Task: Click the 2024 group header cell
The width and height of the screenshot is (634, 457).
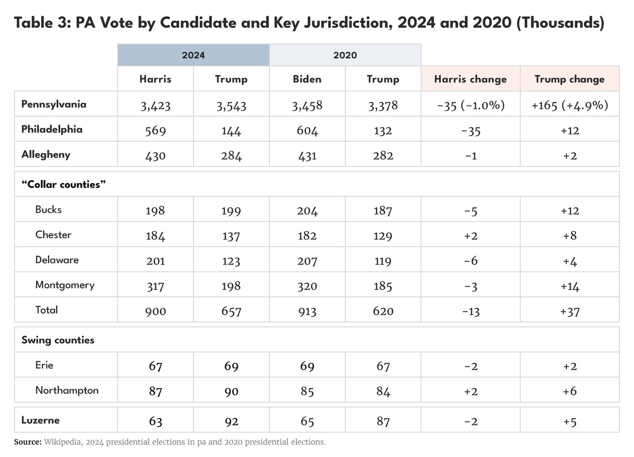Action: tap(193, 55)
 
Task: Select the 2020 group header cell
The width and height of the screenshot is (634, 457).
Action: tap(345, 55)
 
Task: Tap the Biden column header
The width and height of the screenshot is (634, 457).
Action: tap(307, 79)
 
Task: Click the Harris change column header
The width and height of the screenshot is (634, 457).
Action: tap(470, 79)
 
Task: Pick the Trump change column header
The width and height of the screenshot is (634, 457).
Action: tap(569, 79)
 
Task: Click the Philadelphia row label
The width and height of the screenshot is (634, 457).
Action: tap(52, 129)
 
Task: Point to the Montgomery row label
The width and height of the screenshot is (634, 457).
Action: tap(65, 285)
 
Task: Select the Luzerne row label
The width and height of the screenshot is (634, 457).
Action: tap(40, 420)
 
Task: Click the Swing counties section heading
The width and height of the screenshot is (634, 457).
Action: tap(58, 340)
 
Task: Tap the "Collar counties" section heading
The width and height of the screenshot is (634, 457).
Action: tap(63, 184)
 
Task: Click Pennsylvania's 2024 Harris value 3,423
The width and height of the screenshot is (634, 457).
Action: tap(156, 106)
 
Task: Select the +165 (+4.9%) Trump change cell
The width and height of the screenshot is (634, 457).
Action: tap(569, 105)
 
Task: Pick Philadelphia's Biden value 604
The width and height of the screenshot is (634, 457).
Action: tap(307, 131)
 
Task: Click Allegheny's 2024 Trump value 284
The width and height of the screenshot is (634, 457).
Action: tap(231, 156)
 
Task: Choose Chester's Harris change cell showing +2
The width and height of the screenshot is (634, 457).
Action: tap(470, 236)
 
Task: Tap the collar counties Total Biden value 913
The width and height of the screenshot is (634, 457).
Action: tap(307, 311)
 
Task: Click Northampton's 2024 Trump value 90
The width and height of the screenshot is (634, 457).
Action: tap(231, 392)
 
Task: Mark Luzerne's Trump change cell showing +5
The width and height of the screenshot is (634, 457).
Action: tap(570, 422)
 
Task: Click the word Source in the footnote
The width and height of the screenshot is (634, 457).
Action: tap(27, 442)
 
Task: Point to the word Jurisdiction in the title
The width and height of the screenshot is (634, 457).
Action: tap(348, 22)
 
